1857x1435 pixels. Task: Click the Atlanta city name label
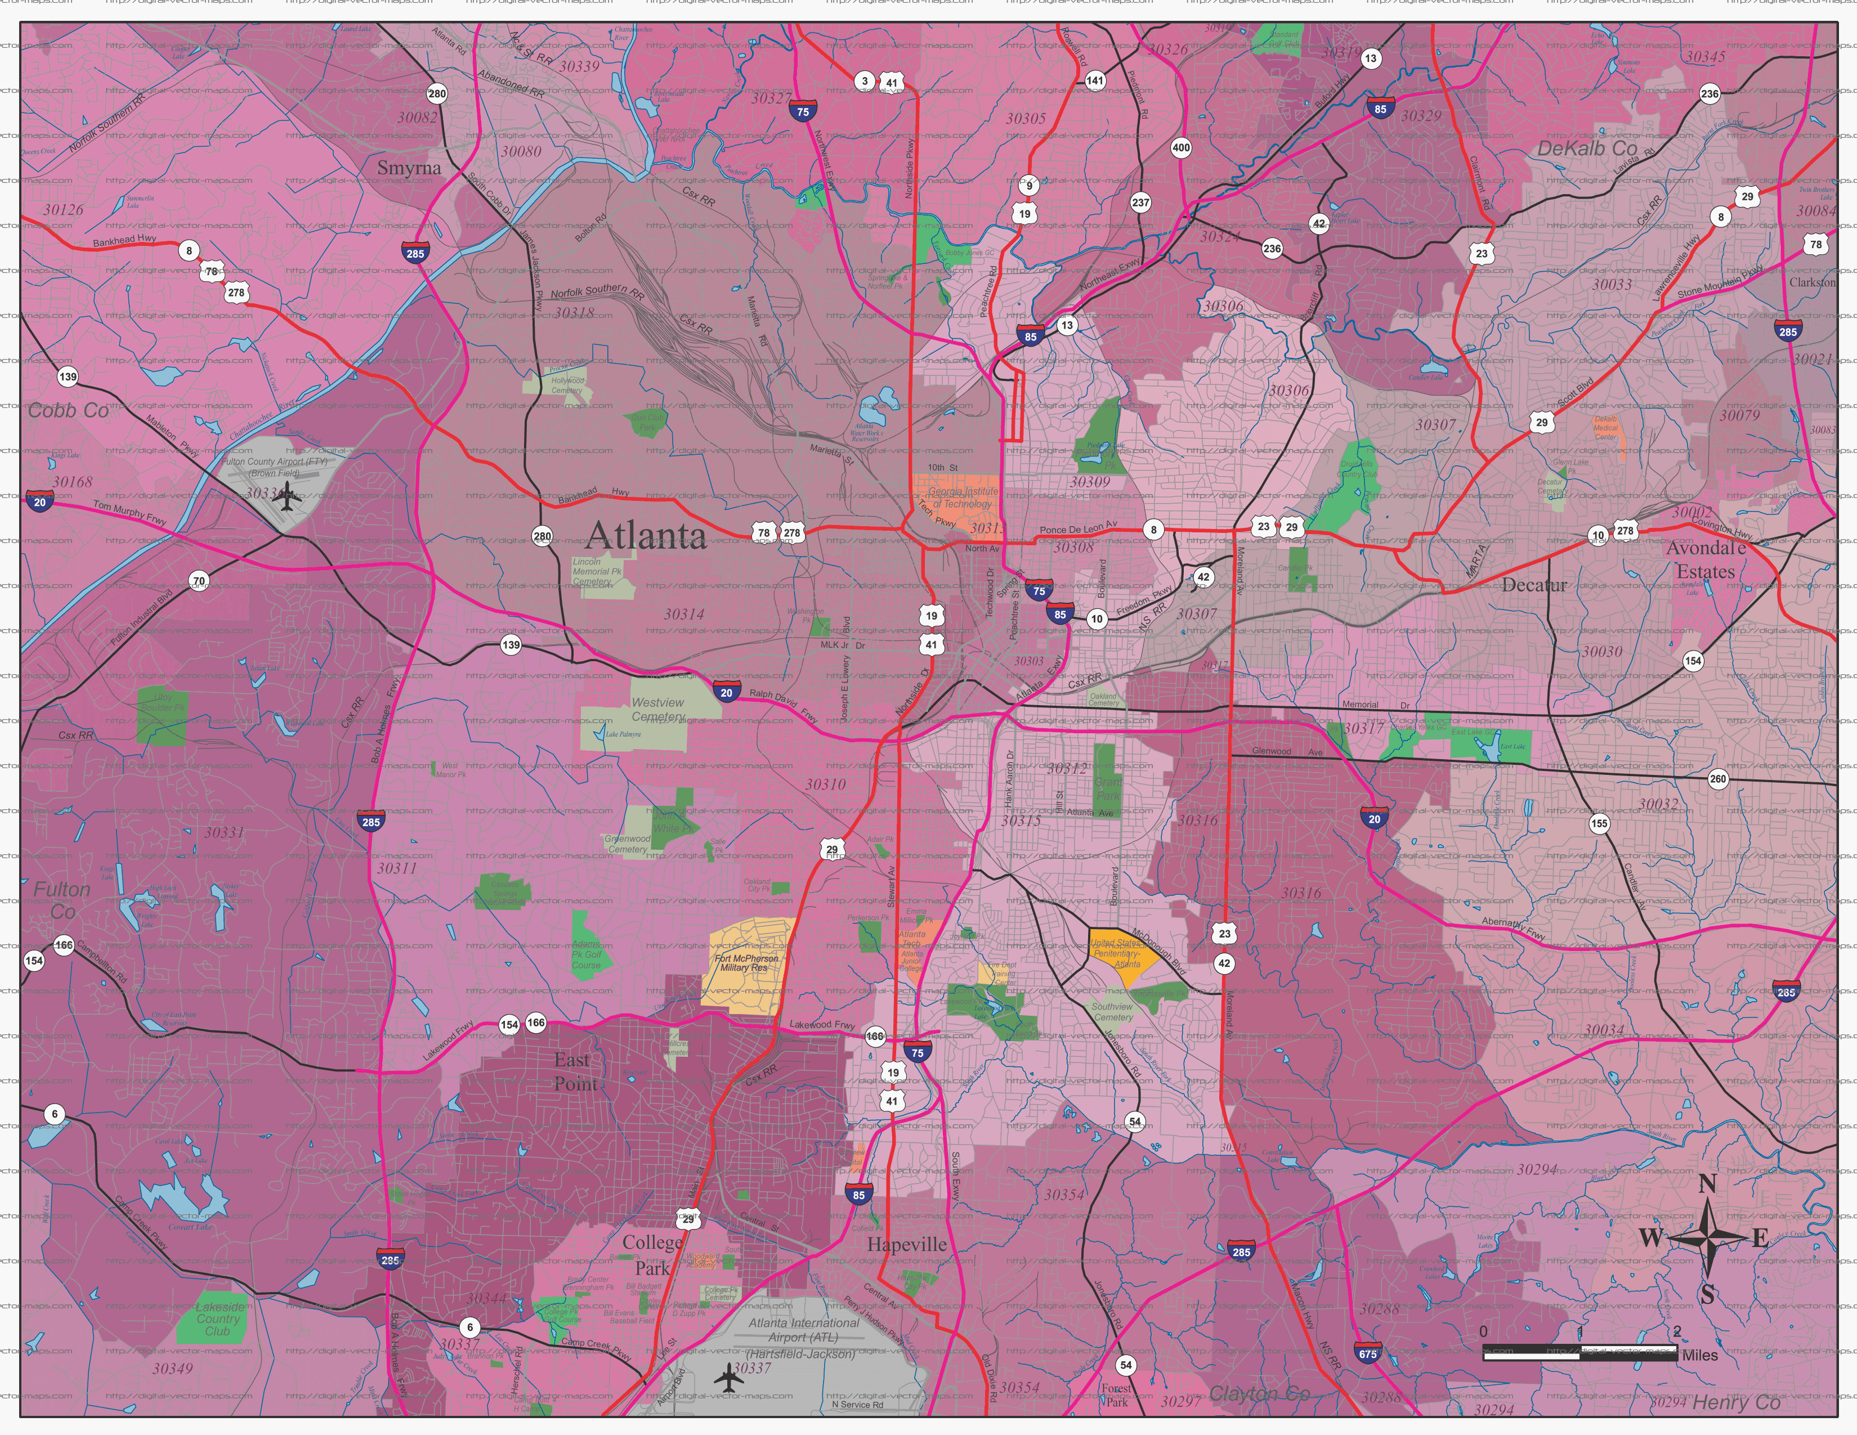(646, 536)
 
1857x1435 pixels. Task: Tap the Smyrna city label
(409, 168)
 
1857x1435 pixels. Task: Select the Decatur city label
(1534, 585)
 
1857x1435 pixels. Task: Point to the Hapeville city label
(906, 1245)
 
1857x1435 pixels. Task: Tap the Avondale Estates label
(1705, 559)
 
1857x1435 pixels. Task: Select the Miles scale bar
(1580, 1354)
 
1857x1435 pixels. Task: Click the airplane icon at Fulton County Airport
(289, 497)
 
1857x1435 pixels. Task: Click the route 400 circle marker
(1181, 147)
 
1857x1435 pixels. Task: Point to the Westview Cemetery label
(657, 709)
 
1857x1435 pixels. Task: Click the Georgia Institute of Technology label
(961, 497)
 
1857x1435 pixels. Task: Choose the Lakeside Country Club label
(218, 1319)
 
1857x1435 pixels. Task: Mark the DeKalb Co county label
(1587, 148)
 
